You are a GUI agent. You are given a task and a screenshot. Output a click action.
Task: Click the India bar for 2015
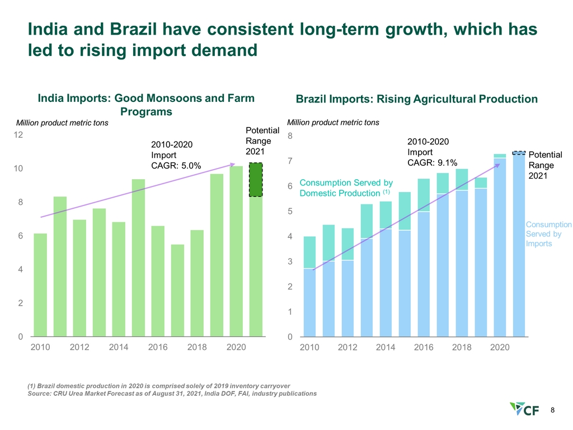click(138, 258)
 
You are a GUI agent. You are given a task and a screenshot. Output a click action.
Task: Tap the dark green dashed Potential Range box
click(256, 179)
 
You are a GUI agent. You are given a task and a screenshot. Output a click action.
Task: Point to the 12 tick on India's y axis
click(18, 135)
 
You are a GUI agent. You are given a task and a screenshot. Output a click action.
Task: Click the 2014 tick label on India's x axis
click(119, 348)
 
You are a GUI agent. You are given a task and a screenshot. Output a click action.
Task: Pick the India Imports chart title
click(145, 105)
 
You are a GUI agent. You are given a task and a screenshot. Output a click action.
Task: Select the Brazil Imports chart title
click(416, 99)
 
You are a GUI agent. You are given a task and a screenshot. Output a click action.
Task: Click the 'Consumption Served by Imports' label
click(548, 234)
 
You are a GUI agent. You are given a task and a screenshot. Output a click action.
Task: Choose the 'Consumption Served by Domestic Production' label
click(346, 188)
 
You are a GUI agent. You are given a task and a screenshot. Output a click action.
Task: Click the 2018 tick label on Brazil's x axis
click(462, 348)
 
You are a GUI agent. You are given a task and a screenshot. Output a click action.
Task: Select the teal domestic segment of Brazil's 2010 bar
click(309, 252)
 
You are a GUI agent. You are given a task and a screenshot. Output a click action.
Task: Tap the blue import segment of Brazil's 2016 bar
click(424, 274)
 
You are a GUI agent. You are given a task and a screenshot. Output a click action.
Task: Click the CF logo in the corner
click(524, 410)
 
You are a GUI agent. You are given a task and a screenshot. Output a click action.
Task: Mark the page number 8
click(553, 410)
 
